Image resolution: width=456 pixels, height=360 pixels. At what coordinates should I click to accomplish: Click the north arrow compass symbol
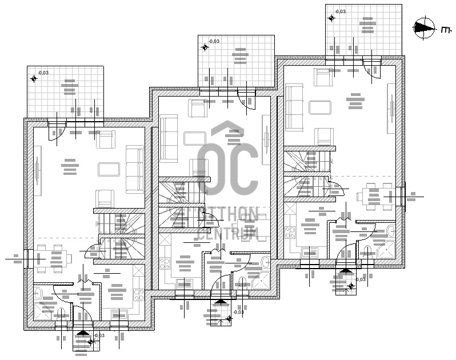click(x=423, y=27)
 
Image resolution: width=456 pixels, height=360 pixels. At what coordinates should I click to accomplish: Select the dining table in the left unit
click(x=51, y=258)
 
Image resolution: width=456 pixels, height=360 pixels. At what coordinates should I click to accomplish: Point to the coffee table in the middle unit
click(x=195, y=138)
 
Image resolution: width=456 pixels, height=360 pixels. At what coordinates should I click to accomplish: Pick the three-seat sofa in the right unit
click(x=294, y=107)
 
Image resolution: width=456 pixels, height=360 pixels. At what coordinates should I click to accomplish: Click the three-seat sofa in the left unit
click(x=135, y=169)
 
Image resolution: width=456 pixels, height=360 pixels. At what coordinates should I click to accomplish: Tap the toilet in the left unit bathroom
click(x=38, y=294)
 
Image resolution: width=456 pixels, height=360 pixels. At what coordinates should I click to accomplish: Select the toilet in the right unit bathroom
click(x=390, y=231)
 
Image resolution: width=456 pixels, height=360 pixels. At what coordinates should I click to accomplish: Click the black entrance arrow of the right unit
click(x=345, y=271)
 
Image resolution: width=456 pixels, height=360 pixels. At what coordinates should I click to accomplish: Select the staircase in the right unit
click(x=306, y=173)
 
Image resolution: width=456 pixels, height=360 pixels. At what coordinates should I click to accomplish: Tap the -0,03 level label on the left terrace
click(x=43, y=73)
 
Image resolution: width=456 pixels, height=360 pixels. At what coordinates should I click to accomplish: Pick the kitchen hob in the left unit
click(x=138, y=295)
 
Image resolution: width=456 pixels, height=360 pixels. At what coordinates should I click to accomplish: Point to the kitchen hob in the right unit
click(x=290, y=233)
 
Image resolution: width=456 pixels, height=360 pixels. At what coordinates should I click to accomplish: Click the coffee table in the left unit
click(x=109, y=169)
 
